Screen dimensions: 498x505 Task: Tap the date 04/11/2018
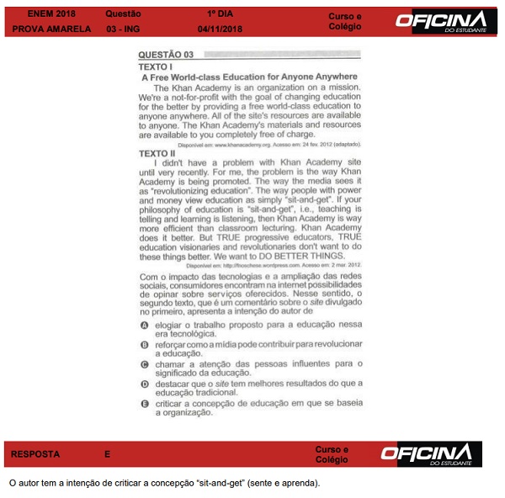click(220, 29)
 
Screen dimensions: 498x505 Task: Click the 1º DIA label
click(221, 14)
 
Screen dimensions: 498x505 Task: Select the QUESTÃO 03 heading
click(166, 55)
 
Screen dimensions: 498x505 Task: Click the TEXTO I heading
click(155, 66)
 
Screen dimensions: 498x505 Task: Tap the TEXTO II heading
click(157, 152)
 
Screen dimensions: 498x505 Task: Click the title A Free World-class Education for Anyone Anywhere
click(249, 77)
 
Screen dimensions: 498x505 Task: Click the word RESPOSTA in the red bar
click(35, 454)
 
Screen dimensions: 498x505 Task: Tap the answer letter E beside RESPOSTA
click(108, 454)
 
